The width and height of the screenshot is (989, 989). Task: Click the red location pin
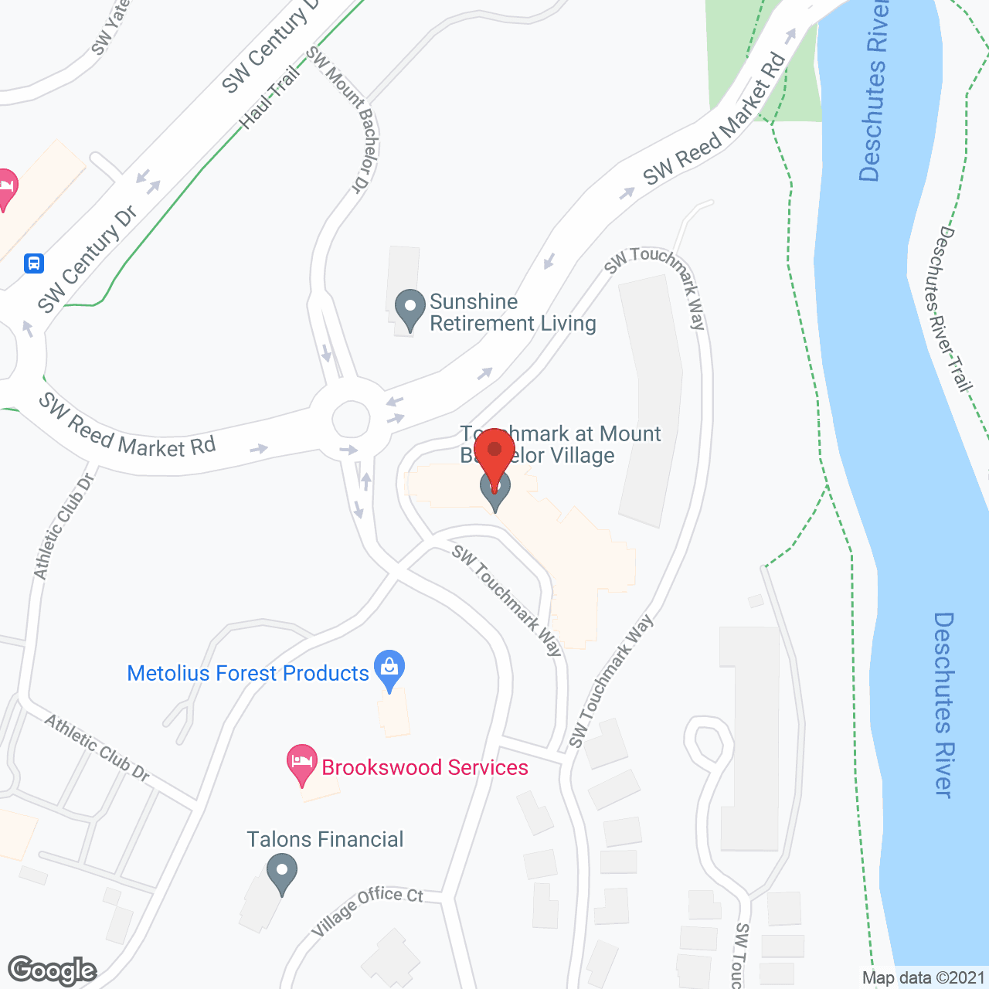[x=494, y=452]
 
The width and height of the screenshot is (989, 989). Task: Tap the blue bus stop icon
[x=33, y=263]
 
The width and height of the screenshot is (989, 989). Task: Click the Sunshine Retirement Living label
[x=512, y=312]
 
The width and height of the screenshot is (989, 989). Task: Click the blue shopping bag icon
[x=389, y=668]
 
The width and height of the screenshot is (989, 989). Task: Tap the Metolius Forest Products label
[x=248, y=673]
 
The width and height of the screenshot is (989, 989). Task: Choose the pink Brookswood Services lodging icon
[x=301, y=763]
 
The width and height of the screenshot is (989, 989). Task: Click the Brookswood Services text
[x=425, y=767]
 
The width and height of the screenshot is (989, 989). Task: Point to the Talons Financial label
[x=325, y=839]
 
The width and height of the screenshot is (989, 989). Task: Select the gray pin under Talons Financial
[x=281, y=872]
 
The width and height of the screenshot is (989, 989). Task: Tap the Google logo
[x=53, y=970]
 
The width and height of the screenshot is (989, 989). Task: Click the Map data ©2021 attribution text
[x=923, y=977]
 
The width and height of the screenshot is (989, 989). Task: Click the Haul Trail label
[x=269, y=98]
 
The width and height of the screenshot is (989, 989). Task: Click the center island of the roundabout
[x=351, y=420]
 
